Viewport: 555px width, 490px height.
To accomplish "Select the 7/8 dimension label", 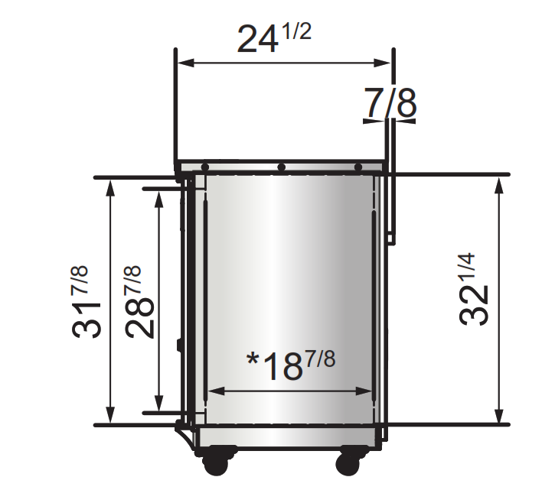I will tap(390, 105).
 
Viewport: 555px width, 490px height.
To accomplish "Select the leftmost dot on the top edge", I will tap(205, 167).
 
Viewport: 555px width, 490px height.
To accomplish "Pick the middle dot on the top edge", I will tap(282, 167).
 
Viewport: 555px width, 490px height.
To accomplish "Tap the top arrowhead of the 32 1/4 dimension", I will tap(500, 183).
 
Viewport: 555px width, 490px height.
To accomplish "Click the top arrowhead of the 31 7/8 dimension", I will tap(111, 186).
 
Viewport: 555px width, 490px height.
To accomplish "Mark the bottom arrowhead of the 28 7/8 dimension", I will tap(159, 404).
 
